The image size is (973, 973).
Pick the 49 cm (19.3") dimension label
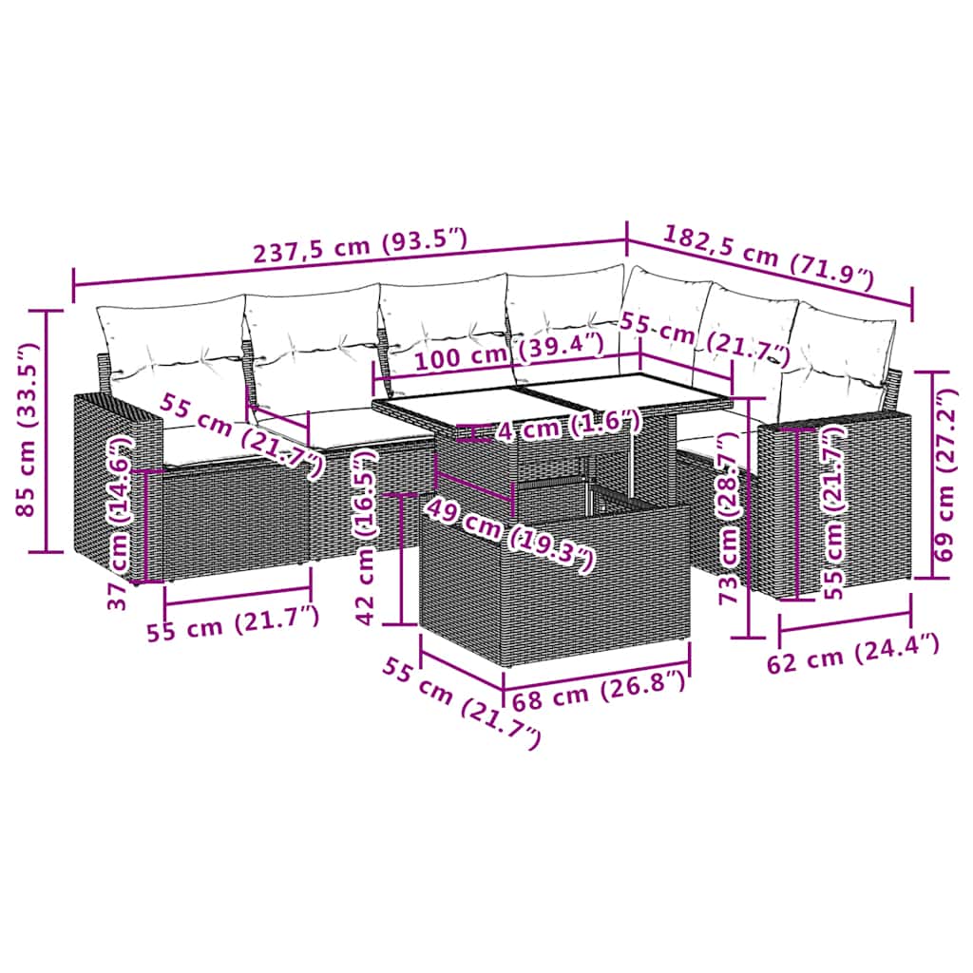click(x=508, y=534)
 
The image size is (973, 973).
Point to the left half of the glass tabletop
click(x=447, y=404)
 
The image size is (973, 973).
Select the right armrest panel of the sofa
click(x=836, y=504)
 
